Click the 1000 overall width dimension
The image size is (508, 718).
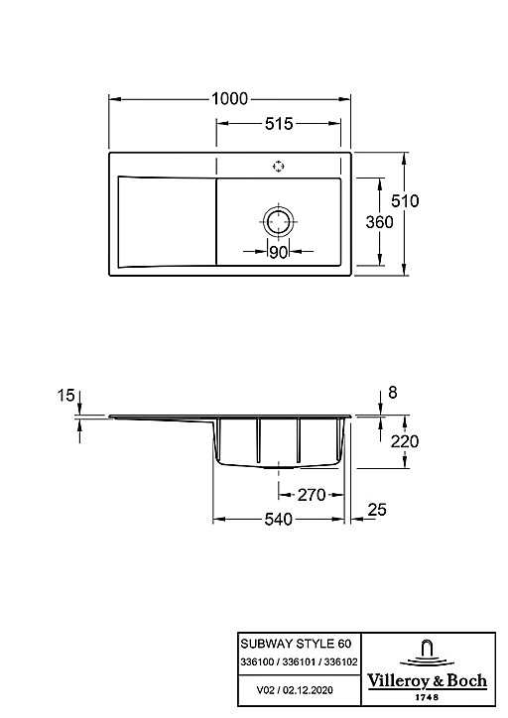tap(229, 98)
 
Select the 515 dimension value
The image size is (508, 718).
tap(279, 124)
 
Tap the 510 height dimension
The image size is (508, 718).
tap(405, 201)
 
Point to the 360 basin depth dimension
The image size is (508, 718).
tap(379, 222)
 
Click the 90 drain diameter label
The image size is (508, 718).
tap(278, 252)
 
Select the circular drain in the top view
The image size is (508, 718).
tap(279, 221)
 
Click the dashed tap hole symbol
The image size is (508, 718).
tap(279, 167)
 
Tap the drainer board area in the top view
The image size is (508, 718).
tap(167, 221)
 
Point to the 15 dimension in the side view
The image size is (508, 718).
tap(65, 395)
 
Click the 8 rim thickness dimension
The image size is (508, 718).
tap(393, 393)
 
